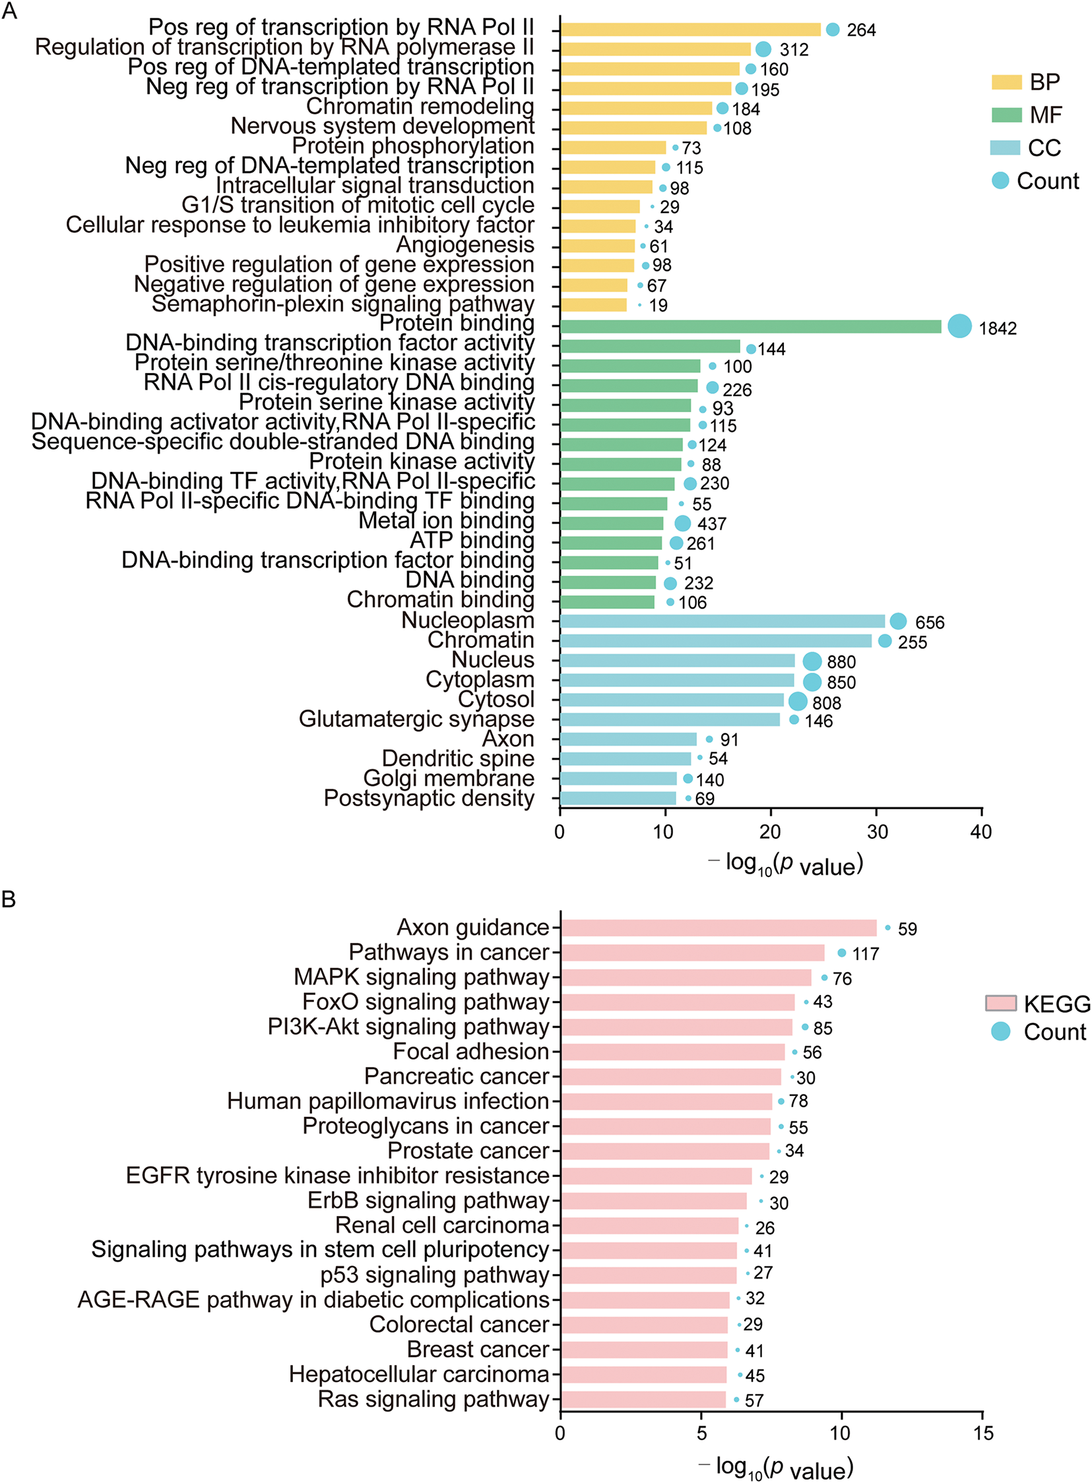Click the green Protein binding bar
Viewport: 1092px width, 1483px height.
(x=750, y=327)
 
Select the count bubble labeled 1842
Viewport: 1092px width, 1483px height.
(x=959, y=326)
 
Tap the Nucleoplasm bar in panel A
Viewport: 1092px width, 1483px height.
(x=722, y=622)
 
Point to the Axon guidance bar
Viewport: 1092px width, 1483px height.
(x=719, y=928)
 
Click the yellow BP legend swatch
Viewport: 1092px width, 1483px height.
(x=1006, y=82)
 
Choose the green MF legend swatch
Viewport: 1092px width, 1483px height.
(x=1006, y=115)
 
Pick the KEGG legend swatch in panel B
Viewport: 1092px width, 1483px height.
(x=1000, y=1004)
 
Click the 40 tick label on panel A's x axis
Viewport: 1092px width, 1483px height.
(x=981, y=832)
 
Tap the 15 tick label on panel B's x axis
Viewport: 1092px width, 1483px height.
(x=983, y=1433)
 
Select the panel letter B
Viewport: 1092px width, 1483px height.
(x=9, y=899)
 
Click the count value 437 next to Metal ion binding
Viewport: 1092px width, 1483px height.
(x=712, y=524)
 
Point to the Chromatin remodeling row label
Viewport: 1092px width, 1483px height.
(x=420, y=106)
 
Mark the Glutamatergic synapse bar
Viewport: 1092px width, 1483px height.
(x=670, y=720)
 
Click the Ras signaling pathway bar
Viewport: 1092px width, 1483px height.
(x=643, y=1399)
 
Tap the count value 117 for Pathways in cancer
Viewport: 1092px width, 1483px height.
(x=865, y=954)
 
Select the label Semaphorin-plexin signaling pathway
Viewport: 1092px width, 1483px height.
(x=342, y=305)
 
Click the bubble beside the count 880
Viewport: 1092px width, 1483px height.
(x=812, y=661)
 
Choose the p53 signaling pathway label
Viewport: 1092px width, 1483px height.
(x=434, y=1275)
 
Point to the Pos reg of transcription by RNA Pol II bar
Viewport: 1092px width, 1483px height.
(x=690, y=30)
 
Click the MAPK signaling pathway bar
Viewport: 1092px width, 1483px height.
(x=686, y=978)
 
